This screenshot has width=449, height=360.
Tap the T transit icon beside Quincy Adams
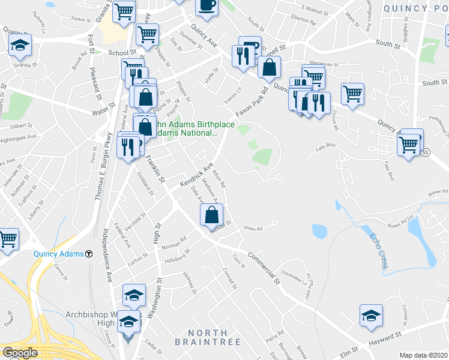pos(89,253)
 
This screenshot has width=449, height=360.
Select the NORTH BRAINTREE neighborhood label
pos(208,337)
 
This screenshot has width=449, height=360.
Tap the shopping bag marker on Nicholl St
pos(211,215)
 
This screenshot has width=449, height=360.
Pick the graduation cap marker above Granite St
pos(20,44)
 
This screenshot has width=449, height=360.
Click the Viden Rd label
pos(254,228)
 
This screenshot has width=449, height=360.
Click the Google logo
pos(20,353)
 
